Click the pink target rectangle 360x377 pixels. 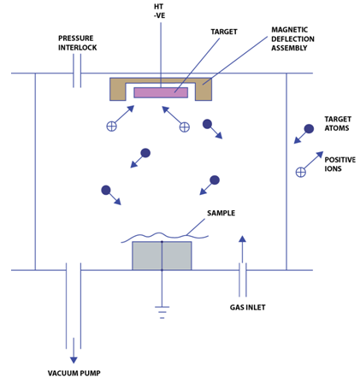[x=161, y=92]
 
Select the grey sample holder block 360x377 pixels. [x=162, y=256]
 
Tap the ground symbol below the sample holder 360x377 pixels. [x=162, y=312]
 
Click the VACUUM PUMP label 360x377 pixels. [x=74, y=373]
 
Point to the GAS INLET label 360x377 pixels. [x=247, y=307]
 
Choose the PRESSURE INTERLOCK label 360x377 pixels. [x=78, y=43]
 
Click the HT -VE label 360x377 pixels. [x=159, y=11]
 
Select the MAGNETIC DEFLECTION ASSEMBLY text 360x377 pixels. [x=292, y=38]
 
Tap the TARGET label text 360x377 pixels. [x=224, y=32]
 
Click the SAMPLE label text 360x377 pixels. [x=221, y=213]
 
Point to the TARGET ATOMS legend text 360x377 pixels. [x=338, y=123]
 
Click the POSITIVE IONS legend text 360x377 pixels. [x=340, y=164]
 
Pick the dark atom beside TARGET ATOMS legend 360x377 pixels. [x=309, y=129]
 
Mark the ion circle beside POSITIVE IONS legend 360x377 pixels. [x=301, y=172]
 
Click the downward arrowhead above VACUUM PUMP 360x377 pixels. [x=74, y=360]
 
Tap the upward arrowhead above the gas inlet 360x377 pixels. [x=242, y=239]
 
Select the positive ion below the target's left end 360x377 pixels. [x=111, y=126]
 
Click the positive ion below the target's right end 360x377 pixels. [x=185, y=127]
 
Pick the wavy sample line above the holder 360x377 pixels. [x=164, y=236]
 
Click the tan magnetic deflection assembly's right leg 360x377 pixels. [x=204, y=91]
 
